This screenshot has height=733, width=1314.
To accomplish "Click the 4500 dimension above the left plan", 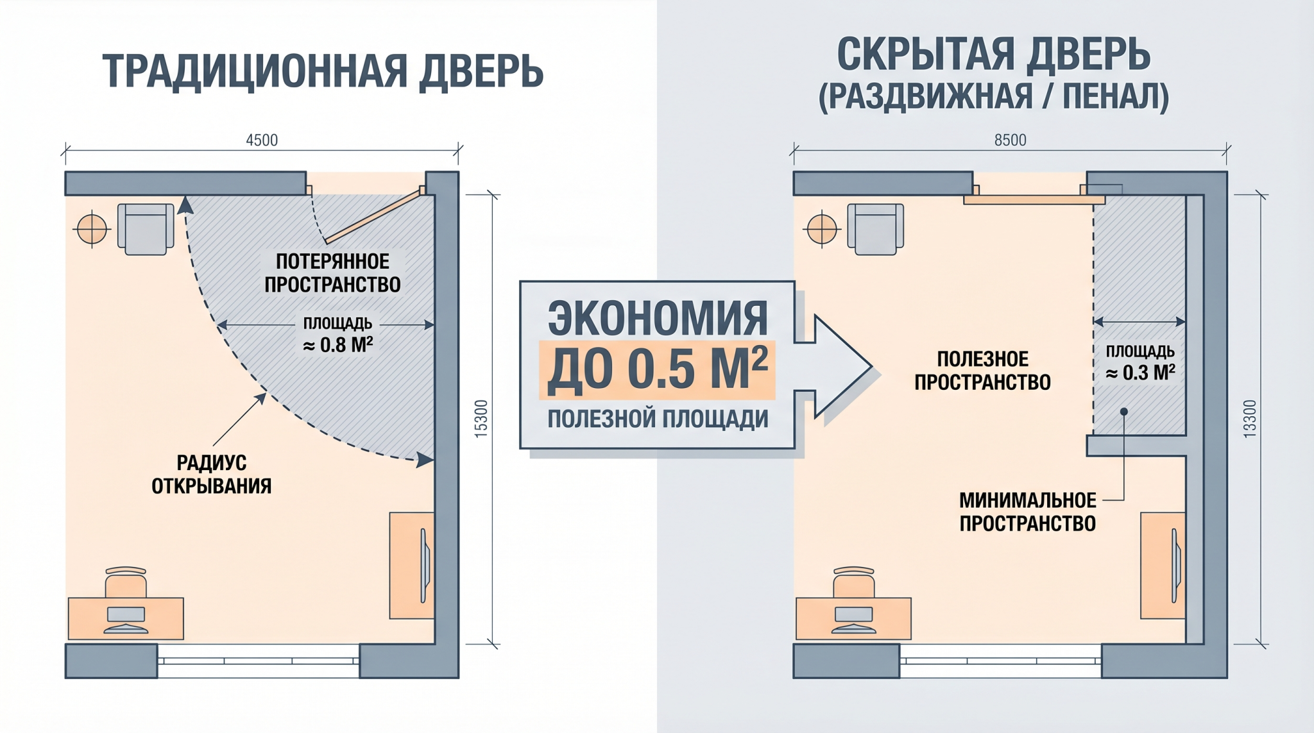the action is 262,140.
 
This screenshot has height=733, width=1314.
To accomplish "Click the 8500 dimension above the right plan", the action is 1010,140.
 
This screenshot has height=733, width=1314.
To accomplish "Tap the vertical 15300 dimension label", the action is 481,419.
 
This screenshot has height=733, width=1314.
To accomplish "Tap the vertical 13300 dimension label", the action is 1249,419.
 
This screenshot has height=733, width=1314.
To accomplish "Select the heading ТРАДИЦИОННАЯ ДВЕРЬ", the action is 323,71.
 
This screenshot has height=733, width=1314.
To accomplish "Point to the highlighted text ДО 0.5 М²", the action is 657,369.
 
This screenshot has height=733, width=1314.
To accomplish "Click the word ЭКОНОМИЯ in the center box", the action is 658,317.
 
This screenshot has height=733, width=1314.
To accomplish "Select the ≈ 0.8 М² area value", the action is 337,345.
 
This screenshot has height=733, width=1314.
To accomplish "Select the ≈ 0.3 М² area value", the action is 1140,373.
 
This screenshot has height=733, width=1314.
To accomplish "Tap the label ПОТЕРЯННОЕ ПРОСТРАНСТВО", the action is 332,273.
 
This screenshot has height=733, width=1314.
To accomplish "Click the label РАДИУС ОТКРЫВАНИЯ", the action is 211,474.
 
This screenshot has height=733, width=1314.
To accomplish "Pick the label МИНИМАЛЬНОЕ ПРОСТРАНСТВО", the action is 1027,512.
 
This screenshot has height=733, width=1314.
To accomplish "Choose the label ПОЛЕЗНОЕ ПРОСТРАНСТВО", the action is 982,370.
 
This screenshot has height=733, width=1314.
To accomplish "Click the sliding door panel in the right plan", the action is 1034,200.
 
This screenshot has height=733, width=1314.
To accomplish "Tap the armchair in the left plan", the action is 146,229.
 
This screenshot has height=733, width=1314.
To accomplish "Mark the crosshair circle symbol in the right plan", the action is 822,229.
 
